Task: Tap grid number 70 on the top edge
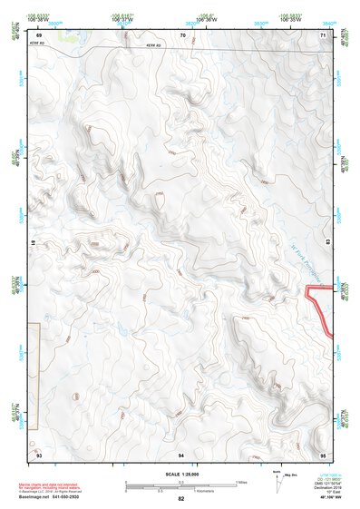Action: [183, 35]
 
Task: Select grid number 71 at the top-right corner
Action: [324, 35]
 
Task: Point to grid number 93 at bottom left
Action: [39, 454]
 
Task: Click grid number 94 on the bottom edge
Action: [181, 454]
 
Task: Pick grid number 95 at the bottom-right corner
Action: [324, 454]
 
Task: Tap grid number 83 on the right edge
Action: [326, 244]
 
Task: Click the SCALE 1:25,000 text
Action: [181, 474]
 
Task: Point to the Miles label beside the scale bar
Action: [241, 481]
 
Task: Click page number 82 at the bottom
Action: [181, 499]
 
